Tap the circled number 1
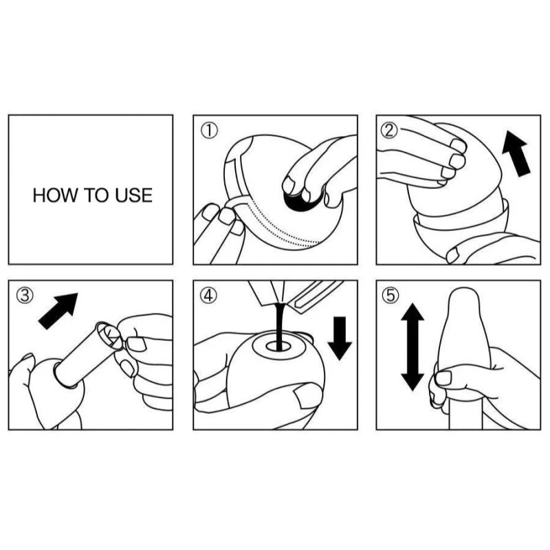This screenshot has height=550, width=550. click(209, 131)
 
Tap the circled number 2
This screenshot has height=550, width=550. click(389, 131)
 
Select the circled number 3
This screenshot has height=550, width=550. click(25, 296)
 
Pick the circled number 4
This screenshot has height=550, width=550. click(208, 296)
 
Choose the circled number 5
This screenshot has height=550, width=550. click(390, 296)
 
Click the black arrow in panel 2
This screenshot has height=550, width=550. click(517, 153)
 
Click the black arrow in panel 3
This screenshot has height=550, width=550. click(58, 311)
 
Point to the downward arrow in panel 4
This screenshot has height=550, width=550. click(340, 338)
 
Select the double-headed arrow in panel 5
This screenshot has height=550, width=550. click(412, 347)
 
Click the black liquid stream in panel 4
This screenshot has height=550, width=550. click(279, 326)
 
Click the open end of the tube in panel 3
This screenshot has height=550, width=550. click(110, 335)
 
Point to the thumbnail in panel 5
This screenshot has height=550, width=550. click(443, 378)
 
